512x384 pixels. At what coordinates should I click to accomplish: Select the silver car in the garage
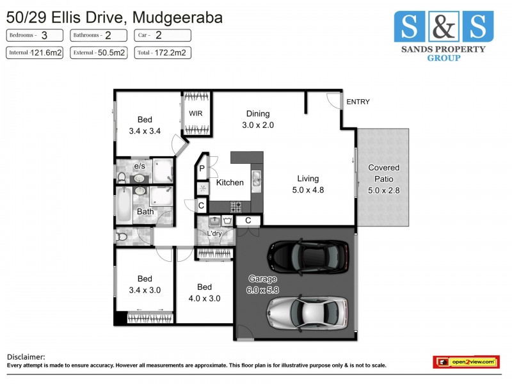pos(309,311)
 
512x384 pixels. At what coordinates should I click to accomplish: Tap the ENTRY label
pos(358,102)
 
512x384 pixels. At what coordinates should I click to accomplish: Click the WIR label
pos(195,114)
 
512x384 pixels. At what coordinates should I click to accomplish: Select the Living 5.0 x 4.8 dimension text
pos(307,190)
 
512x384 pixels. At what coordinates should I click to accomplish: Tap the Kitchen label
pos(229,182)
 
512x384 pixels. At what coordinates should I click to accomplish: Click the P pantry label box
pos(202,169)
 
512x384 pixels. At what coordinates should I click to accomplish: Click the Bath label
pos(145,212)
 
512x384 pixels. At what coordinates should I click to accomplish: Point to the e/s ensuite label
pos(138,166)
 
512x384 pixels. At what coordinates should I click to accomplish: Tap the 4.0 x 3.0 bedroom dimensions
pos(204,298)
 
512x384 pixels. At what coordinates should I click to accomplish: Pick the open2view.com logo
pos(465,362)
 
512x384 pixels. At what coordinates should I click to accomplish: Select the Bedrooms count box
pos(35,36)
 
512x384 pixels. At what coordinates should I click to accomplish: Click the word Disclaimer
pos(26,356)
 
